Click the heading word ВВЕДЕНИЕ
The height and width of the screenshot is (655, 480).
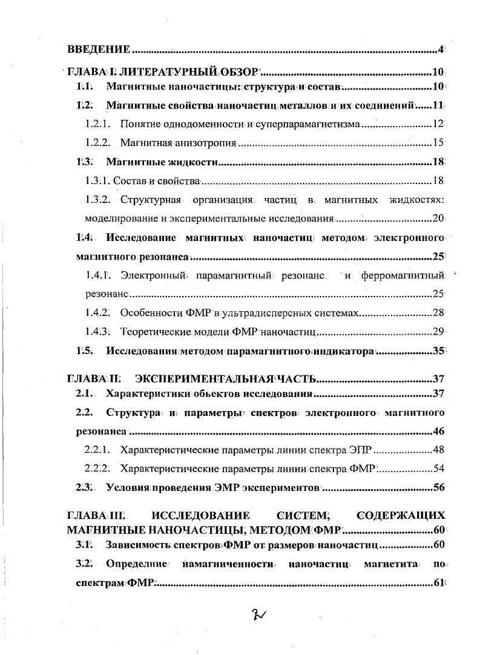98,48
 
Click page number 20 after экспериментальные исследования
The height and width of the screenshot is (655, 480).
439,219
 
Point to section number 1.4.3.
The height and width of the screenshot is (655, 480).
97,332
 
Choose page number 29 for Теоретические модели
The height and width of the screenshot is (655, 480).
439,332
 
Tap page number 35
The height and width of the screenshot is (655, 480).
439,351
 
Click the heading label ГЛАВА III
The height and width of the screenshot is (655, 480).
95,516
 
